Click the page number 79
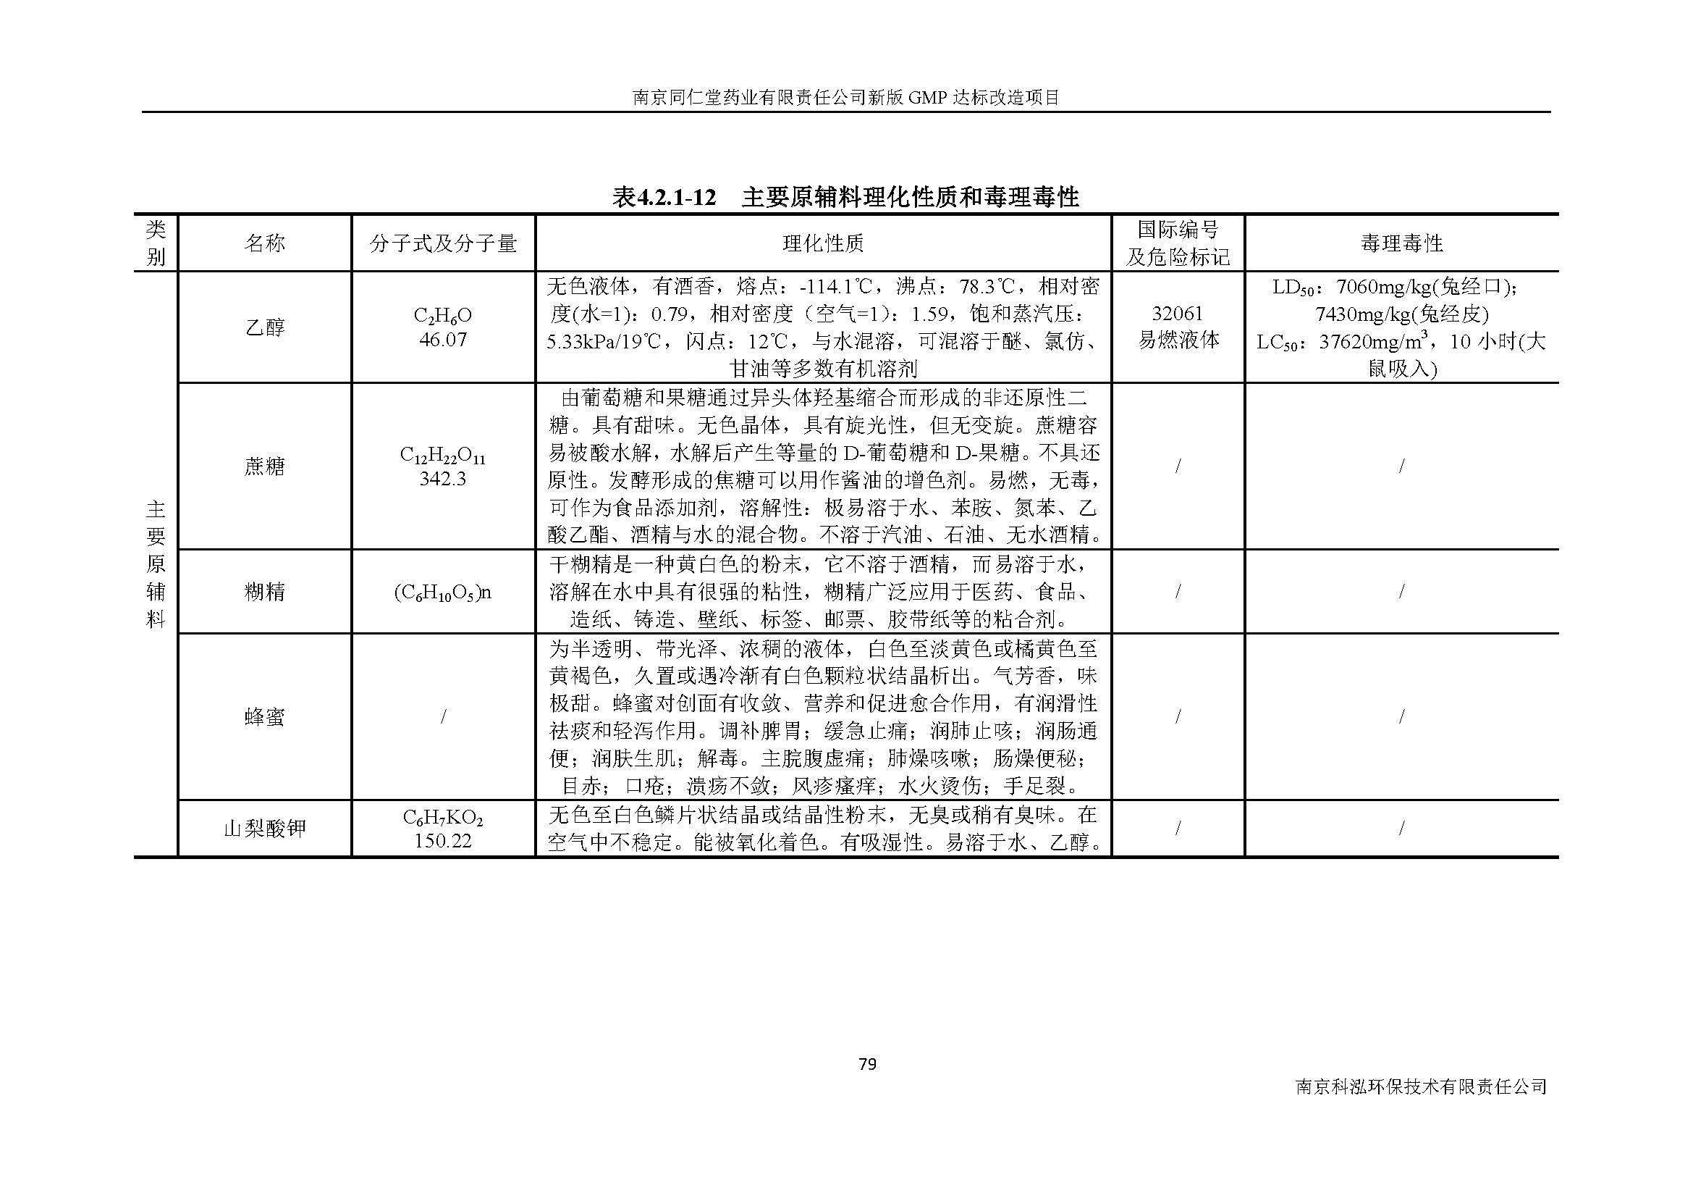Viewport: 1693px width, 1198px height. click(x=867, y=1064)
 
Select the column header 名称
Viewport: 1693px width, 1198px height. click(x=265, y=243)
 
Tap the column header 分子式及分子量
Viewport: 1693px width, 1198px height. click(x=443, y=243)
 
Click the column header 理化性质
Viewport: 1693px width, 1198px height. click(x=823, y=243)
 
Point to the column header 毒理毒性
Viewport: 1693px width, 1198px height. click(x=1401, y=243)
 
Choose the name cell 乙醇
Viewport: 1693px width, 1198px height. click(x=265, y=327)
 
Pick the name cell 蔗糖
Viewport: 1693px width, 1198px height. click(x=265, y=466)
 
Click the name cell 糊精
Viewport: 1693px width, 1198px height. click(x=265, y=592)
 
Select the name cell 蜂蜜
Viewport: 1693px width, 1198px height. click(x=265, y=716)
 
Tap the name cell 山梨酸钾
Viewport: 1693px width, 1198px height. click(x=265, y=829)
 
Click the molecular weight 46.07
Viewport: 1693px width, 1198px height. click(x=442, y=340)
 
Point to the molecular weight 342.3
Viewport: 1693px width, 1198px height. click(x=442, y=479)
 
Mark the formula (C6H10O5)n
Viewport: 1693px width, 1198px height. click(x=442, y=592)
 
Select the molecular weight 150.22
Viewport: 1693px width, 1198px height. click(x=442, y=842)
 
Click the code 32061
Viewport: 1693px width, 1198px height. click(x=1178, y=314)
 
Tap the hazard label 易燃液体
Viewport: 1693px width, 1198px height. click(x=1178, y=340)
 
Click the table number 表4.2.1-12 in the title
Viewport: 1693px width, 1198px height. click(x=664, y=198)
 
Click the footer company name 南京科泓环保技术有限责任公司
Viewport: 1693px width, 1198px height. click(x=1421, y=1086)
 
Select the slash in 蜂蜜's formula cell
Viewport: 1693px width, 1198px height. click(x=442, y=716)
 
